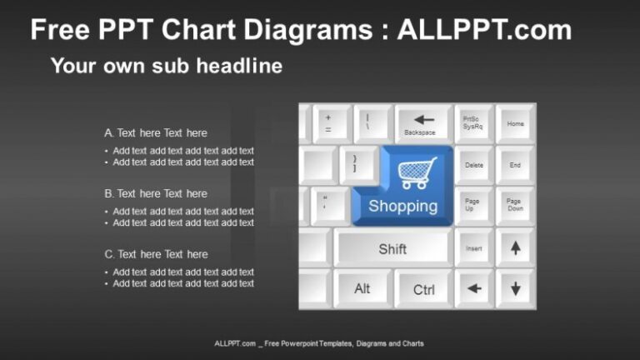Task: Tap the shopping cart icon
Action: click(x=417, y=173)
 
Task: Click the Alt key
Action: click(x=362, y=289)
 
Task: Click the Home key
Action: click(x=515, y=123)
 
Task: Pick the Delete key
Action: click(x=474, y=165)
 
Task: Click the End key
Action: click(x=515, y=165)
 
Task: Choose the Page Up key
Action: click(x=473, y=205)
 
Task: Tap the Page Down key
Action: click(x=515, y=205)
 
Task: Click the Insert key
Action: click(x=474, y=247)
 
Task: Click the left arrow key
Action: click(x=474, y=289)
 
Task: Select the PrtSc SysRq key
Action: click(x=473, y=122)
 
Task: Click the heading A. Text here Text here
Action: click(x=156, y=132)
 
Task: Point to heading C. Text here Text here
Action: click(x=156, y=254)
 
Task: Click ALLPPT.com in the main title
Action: click(x=484, y=30)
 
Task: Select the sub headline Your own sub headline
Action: click(x=167, y=65)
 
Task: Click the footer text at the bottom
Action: click(x=319, y=343)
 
